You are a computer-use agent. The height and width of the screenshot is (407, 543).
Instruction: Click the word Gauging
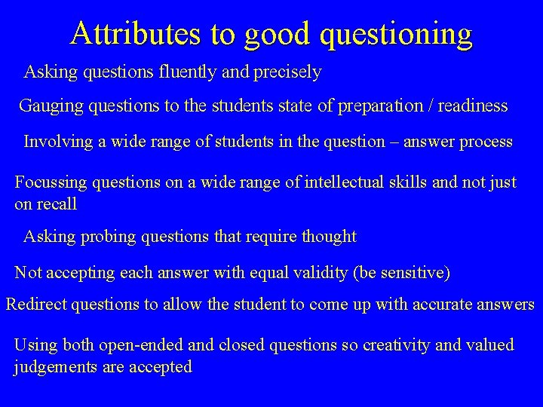(x=51, y=106)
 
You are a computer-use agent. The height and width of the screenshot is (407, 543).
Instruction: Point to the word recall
(x=57, y=204)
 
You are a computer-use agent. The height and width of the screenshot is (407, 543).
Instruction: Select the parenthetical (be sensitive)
(x=401, y=272)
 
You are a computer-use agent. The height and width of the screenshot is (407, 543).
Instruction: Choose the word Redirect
(x=35, y=304)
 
